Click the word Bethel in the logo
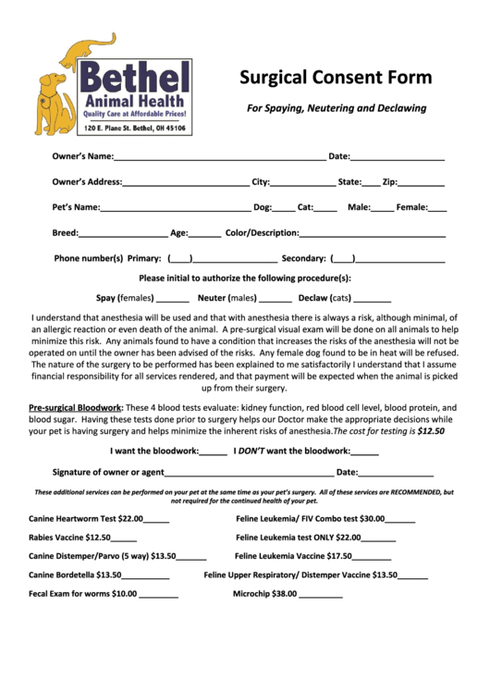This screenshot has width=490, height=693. pyautogui.click(x=133, y=77)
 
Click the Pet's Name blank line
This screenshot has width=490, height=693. pyautogui.click(x=176, y=208)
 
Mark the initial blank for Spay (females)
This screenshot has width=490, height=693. pyautogui.click(x=173, y=299)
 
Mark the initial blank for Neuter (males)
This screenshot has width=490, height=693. pyautogui.click(x=276, y=299)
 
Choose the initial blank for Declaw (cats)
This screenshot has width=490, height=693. pyautogui.click(x=373, y=299)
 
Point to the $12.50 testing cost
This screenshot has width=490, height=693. pyautogui.click(x=430, y=431)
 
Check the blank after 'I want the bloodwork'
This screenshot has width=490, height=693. pyautogui.click(x=214, y=452)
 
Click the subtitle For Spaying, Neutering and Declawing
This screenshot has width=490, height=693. pyautogui.click(x=336, y=108)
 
